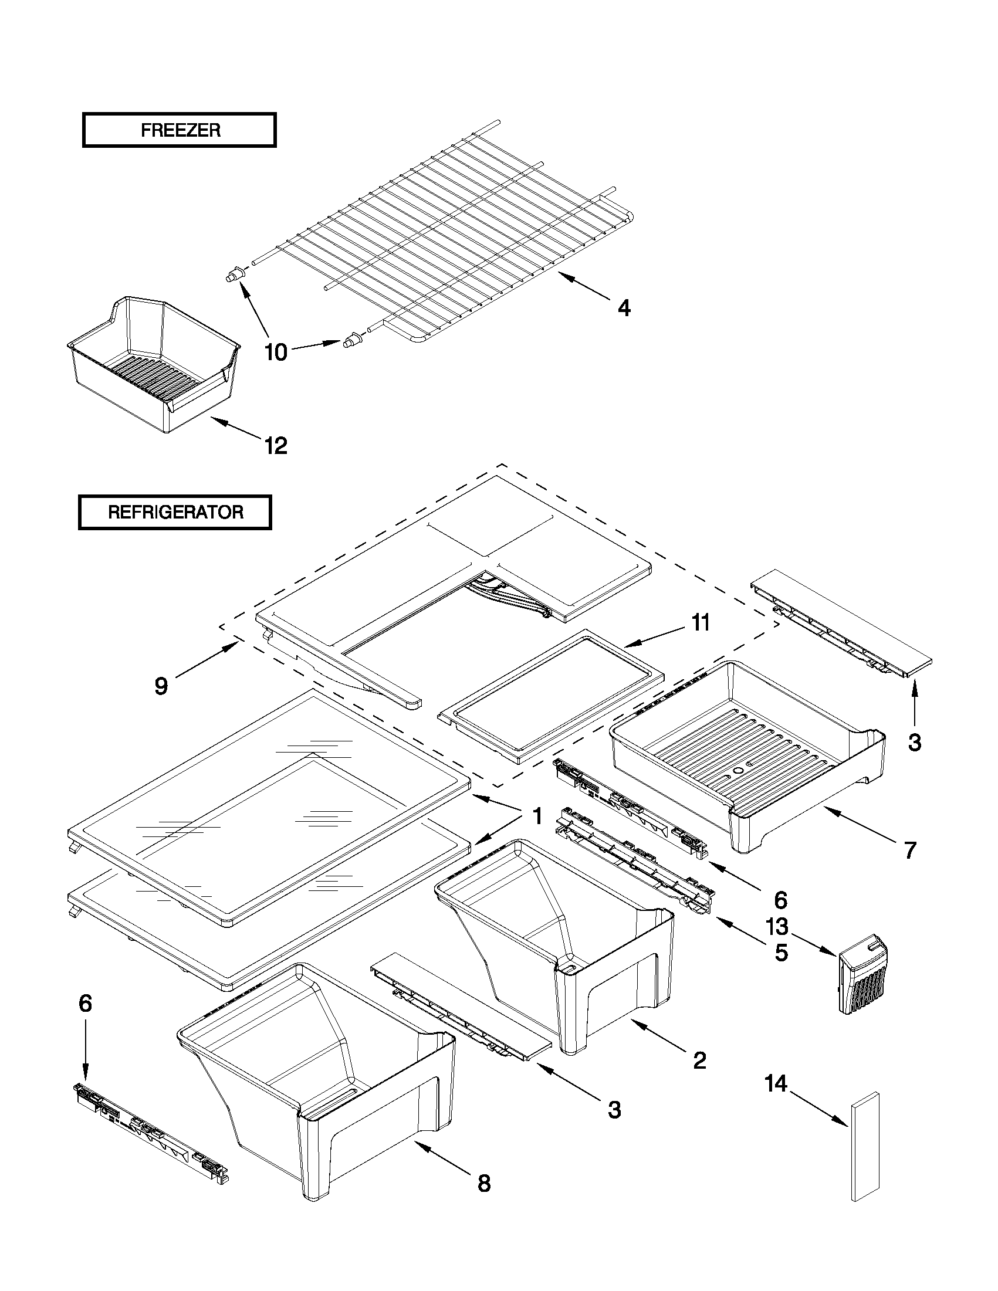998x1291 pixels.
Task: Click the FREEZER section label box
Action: [x=179, y=130]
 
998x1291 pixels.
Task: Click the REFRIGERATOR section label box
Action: [x=175, y=512]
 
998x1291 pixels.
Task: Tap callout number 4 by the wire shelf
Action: [x=624, y=307]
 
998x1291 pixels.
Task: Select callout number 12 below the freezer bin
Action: [x=276, y=445]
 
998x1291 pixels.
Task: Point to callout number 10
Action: [x=276, y=353]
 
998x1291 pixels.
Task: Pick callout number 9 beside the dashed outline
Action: [x=161, y=686]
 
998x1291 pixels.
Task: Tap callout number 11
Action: [x=701, y=622]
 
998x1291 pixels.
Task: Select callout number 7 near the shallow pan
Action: [x=910, y=850]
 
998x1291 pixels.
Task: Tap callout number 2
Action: [x=699, y=1060]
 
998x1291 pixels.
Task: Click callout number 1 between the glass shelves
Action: [x=537, y=816]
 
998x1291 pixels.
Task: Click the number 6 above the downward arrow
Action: [x=86, y=1003]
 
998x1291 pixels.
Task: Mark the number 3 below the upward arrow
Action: [x=914, y=743]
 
